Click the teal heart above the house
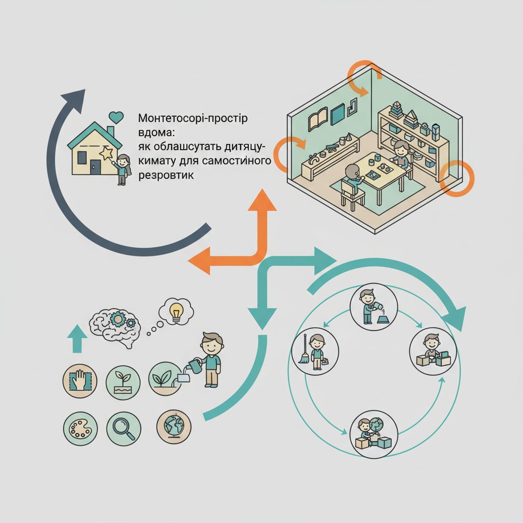coord(116,117)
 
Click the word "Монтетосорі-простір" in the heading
coord(193,118)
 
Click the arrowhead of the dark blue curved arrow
coord(75,99)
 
